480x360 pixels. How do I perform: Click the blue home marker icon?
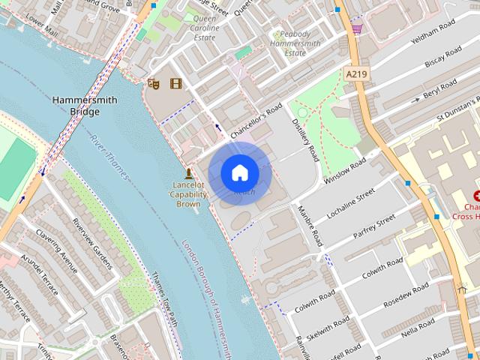point(240,172)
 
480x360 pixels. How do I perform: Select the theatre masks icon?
point(153,83)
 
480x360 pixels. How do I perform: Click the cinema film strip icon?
point(175,83)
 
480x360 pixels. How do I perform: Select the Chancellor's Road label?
point(255,120)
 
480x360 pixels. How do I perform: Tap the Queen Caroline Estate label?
point(204,28)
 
